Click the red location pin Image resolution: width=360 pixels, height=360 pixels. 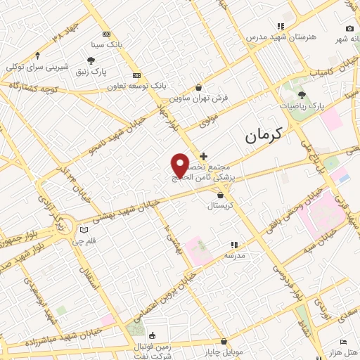(x=181, y=166)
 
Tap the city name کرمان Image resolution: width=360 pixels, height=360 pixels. (x=262, y=136)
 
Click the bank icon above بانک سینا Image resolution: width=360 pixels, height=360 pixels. (x=106, y=34)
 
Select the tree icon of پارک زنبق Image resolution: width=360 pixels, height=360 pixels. (x=90, y=60)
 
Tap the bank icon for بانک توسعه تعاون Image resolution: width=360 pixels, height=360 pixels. (x=136, y=75)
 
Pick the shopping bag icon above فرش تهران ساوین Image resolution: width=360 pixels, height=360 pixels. (x=199, y=88)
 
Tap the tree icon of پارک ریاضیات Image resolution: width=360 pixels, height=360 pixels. (x=302, y=95)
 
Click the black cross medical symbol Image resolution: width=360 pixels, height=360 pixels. (x=204, y=155)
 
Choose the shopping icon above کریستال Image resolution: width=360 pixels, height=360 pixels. (x=221, y=195)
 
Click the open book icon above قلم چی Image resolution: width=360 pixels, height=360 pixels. (x=84, y=230)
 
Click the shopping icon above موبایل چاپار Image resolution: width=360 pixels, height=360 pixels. (x=223, y=341)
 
